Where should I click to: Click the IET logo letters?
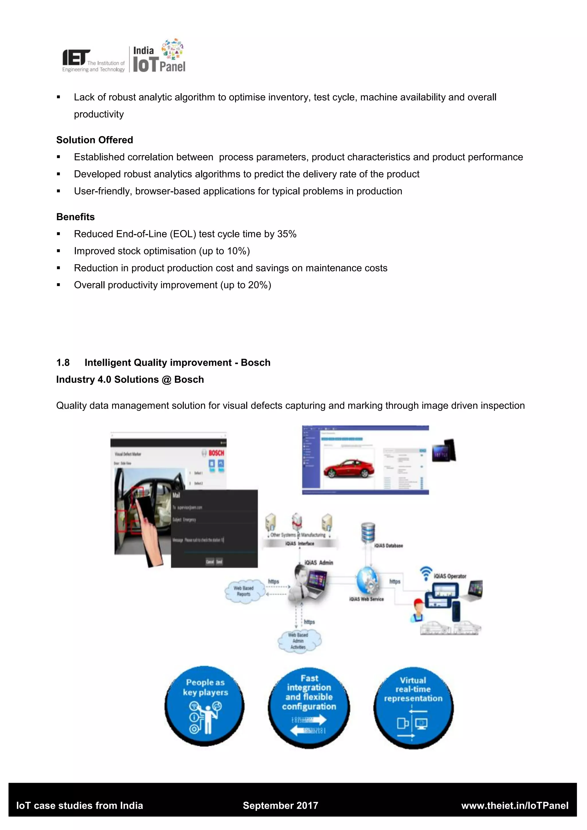coord(76,58)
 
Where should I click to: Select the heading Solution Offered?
coord(95,140)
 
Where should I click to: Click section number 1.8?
coord(63,363)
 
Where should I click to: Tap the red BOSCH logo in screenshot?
coord(216,453)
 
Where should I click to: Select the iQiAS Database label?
coord(389,545)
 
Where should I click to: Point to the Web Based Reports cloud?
coord(244,591)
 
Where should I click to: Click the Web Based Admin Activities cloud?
coord(299,641)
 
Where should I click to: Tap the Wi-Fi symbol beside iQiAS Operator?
coord(426,573)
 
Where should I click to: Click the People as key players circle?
coord(205,706)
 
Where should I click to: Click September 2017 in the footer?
coord(281,805)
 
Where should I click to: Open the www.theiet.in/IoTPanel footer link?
coord(515,805)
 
